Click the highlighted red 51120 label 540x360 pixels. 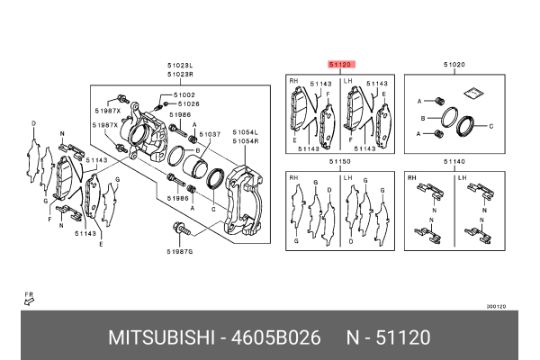coord(341,65)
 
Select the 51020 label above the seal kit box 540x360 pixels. coord(454,65)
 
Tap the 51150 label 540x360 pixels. coord(339,161)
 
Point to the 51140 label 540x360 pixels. coord(454,161)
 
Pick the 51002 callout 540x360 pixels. coord(184,94)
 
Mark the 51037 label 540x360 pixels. coord(210,134)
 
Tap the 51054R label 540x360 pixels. coord(247,140)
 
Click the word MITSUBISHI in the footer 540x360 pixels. coord(157,337)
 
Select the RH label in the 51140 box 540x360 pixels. coord(413,177)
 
